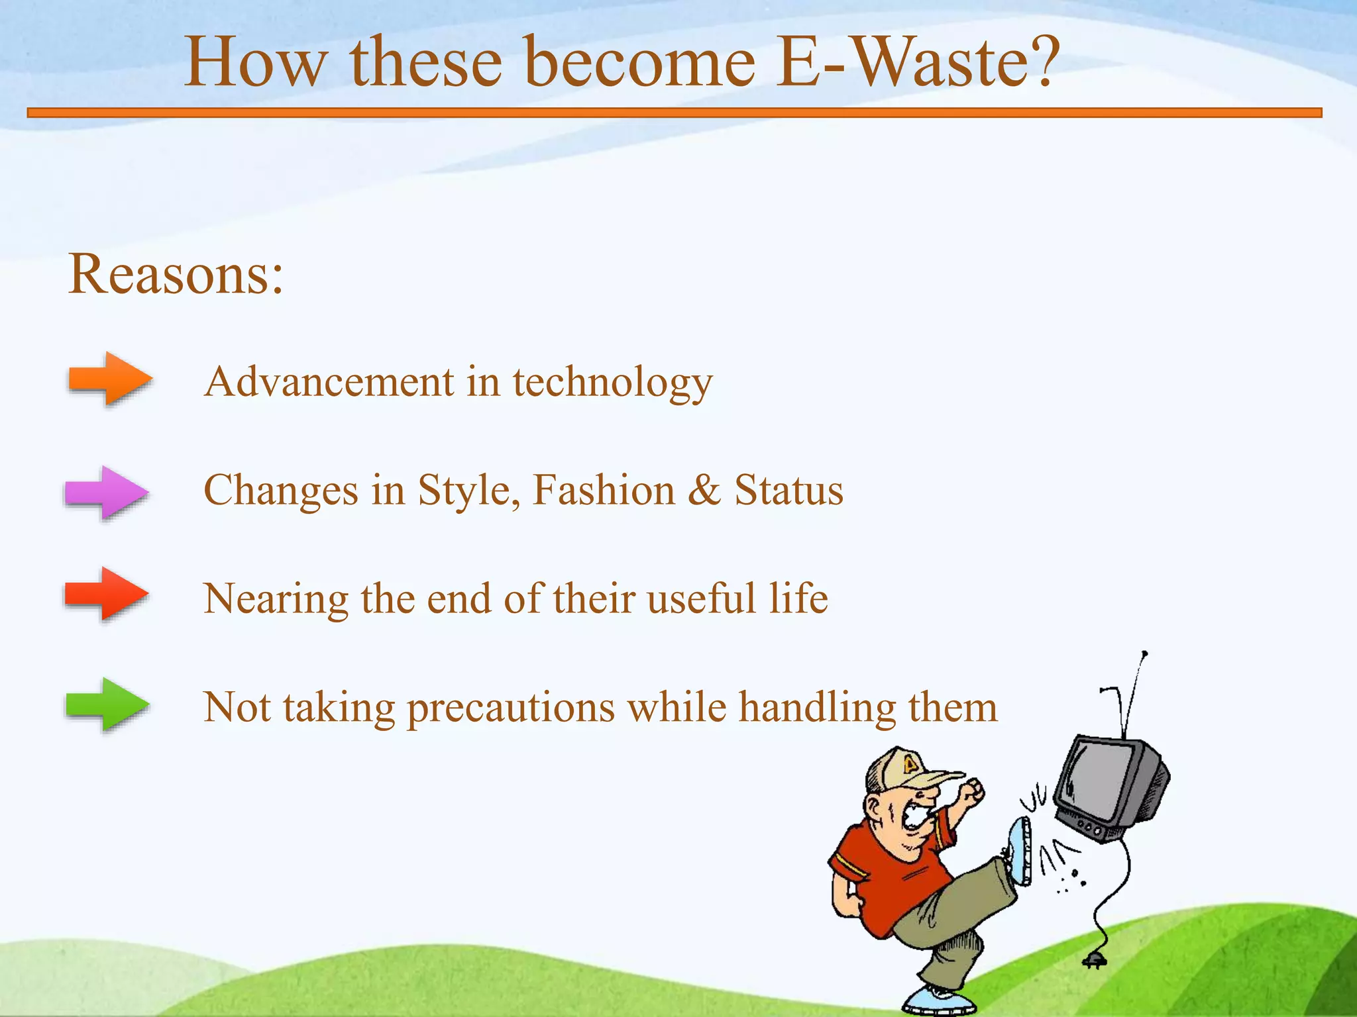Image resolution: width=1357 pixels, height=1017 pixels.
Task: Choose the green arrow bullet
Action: tap(107, 704)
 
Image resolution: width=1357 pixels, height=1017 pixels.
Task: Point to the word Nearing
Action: tap(275, 600)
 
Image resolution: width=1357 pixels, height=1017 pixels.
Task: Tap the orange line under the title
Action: tap(675, 113)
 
